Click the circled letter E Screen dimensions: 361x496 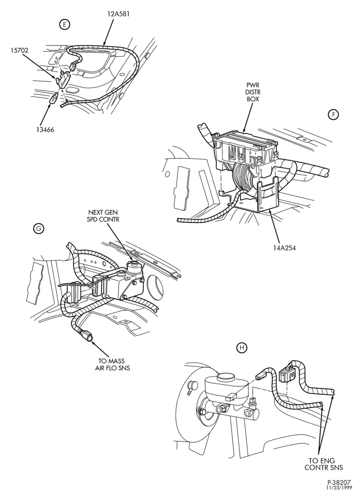tap(64, 25)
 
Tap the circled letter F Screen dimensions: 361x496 tap(333, 115)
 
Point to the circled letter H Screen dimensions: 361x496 tap(242, 348)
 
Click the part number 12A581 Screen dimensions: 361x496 tap(118, 14)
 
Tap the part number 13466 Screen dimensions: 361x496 tap(44, 129)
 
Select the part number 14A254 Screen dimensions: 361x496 tap(285, 248)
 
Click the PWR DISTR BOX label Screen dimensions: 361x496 tap(253, 92)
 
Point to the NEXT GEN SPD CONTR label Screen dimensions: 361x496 tap(104, 216)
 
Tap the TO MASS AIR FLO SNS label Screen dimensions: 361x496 tap(113, 365)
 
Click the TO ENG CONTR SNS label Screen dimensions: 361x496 tap(324, 464)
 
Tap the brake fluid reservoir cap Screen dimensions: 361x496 tap(225, 377)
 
